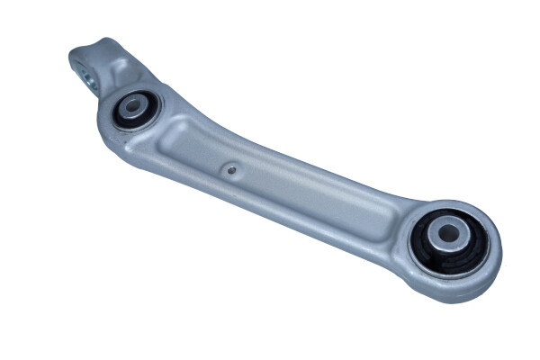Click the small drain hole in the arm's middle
231,167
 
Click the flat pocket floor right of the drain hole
288,184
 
